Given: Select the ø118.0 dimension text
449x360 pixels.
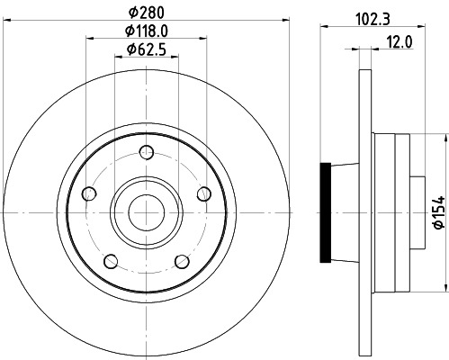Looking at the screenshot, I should point(146,31).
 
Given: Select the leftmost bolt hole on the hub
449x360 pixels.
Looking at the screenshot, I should point(88,193).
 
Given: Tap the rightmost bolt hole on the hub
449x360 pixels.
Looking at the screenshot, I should point(203,193).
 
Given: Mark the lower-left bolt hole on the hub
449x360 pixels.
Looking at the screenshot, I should point(110,261).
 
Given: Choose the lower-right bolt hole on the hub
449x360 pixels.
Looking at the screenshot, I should point(182,261).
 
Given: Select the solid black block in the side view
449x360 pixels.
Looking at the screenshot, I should point(326,212).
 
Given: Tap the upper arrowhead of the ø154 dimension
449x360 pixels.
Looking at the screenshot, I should point(444,137).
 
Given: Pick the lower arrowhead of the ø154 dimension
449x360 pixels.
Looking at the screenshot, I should point(444,288).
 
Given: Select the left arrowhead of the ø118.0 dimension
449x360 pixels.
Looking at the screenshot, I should point(90,38).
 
